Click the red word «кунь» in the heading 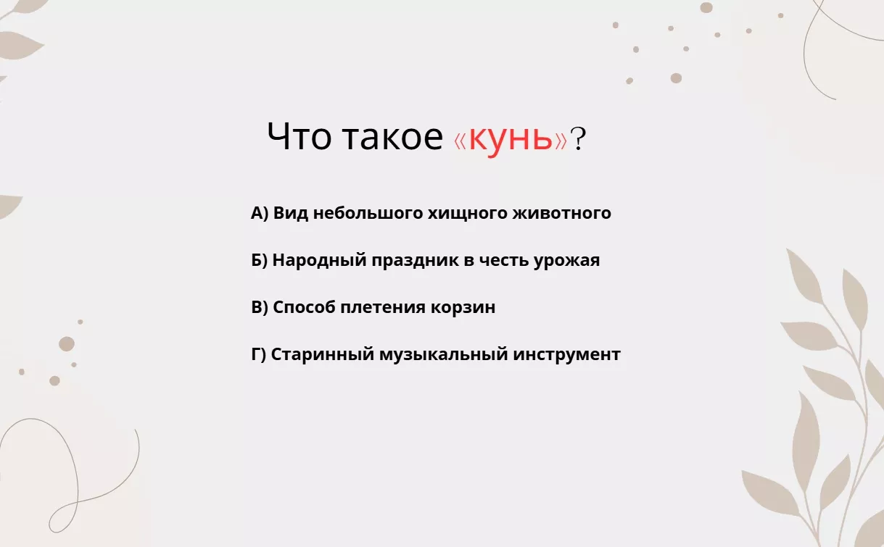[x=511, y=139]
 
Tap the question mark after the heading [x=578, y=138]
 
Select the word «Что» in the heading [x=300, y=136]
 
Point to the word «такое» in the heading [x=392, y=138]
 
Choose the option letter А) [x=260, y=213]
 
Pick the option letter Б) [x=260, y=260]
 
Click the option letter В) [x=260, y=307]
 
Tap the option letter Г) [x=258, y=354]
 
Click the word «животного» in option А [x=561, y=213]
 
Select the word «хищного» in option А [x=468, y=214]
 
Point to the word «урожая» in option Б [x=566, y=261]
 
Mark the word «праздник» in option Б [x=415, y=261]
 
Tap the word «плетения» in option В [x=383, y=307]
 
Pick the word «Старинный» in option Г [x=323, y=354]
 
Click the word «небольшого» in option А [x=368, y=213]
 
